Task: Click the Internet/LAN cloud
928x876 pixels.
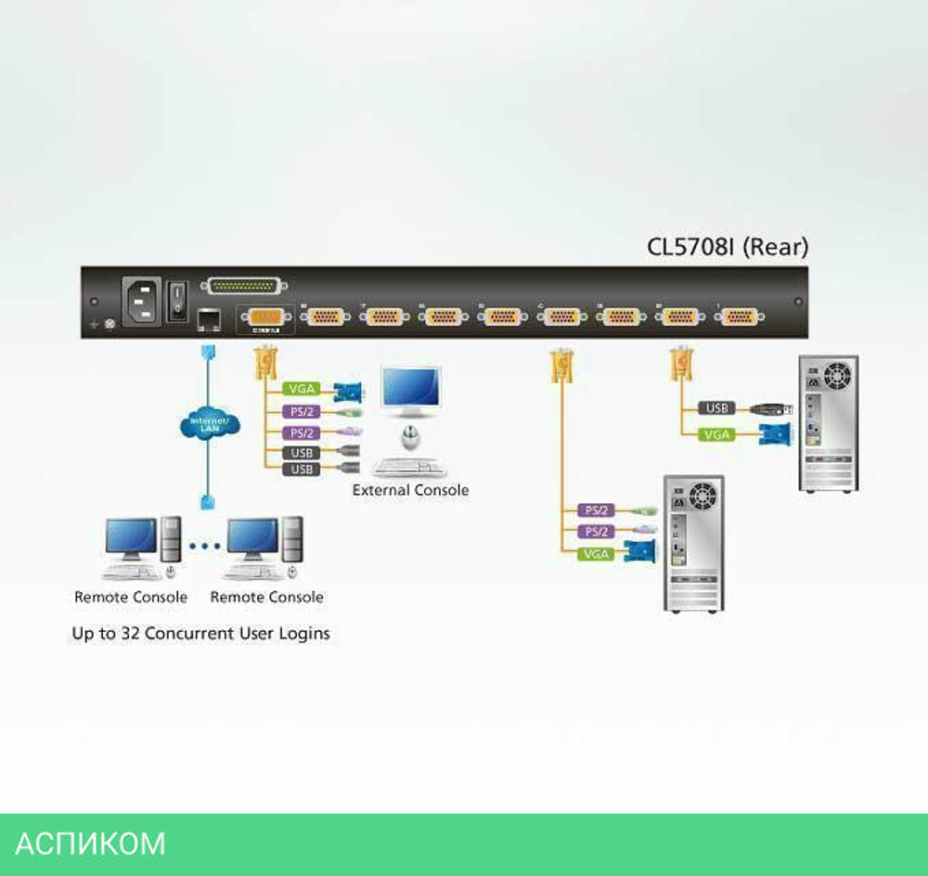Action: (209, 424)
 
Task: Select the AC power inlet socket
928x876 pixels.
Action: (140, 299)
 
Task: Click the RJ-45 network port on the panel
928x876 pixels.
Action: (206, 318)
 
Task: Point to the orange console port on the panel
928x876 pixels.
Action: (266, 318)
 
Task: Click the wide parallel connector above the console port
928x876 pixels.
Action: (246, 286)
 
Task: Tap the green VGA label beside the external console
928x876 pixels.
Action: (303, 389)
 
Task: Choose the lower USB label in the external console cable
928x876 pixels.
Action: (303, 470)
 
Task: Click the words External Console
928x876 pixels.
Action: (410, 490)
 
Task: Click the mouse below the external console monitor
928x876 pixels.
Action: (409, 435)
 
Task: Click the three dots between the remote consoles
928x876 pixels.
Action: (205, 546)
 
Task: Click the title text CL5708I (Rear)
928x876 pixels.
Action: (728, 247)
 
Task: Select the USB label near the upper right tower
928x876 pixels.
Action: (716, 407)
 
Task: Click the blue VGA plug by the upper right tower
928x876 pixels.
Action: (774, 433)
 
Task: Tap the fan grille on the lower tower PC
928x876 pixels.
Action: (703, 493)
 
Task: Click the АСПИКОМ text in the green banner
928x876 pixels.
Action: (90, 844)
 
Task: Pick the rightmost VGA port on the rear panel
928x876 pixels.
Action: (738, 317)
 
